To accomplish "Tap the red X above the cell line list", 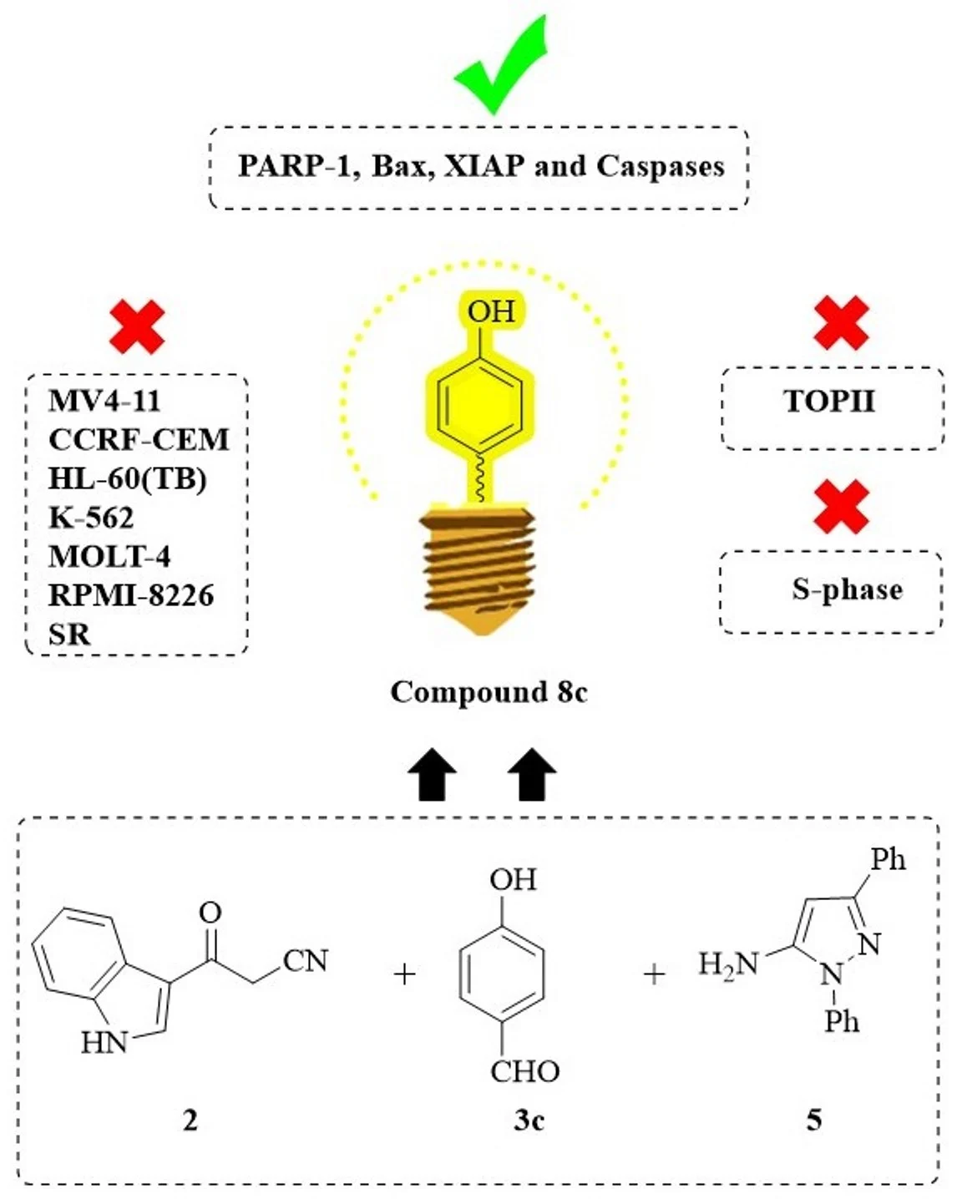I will [x=137, y=326].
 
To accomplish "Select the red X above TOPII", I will [x=841, y=322].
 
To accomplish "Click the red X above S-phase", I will [x=841, y=507].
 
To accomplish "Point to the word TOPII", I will [x=829, y=402].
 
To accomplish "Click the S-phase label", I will [x=847, y=589].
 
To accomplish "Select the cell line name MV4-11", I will [x=104, y=401].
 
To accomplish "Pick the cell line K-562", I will [x=91, y=518].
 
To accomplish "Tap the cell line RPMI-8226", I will [x=131, y=595].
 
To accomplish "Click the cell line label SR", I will [x=69, y=635].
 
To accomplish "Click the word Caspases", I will [x=660, y=166].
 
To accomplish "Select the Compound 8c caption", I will [x=489, y=692].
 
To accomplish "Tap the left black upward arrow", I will [x=432, y=775].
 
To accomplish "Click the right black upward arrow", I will [x=532, y=775].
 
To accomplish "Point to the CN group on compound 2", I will [x=306, y=961].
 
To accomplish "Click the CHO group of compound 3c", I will [x=524, y=1071].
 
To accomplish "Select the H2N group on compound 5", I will [x=728, y=965].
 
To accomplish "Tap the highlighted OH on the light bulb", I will [x=491, y=311].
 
